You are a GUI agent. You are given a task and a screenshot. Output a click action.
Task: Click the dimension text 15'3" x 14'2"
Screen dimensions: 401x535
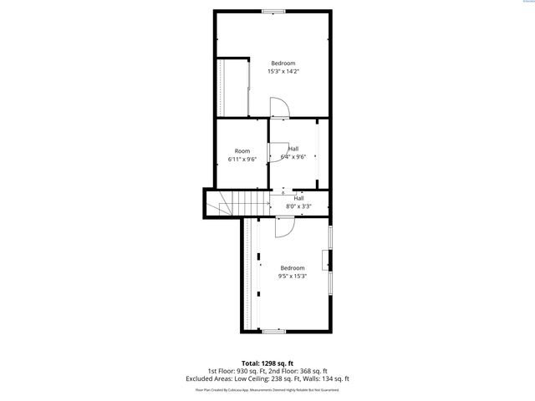coord(283,72)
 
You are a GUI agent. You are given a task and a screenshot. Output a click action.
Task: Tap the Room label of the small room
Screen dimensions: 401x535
coord(242,151)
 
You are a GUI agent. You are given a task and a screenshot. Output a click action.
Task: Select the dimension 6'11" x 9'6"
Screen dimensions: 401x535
coord(242,159)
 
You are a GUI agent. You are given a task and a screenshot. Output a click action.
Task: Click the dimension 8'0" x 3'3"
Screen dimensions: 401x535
coord(299,206)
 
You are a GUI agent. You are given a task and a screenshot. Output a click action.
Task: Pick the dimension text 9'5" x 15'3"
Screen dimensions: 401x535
coord(293,276)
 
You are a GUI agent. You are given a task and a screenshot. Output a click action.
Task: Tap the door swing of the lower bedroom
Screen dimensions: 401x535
coord(284,226)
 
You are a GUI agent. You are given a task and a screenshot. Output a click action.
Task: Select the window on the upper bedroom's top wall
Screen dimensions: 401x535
coord(272,11)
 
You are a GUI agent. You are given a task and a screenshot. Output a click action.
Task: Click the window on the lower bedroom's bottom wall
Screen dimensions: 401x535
coord(273,332)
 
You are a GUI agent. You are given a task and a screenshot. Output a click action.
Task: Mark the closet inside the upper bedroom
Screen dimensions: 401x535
coord(233,87)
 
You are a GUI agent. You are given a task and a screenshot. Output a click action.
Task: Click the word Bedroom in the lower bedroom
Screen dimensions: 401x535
coord(293,267)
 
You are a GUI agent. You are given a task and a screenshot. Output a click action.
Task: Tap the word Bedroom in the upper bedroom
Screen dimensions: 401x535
coord(283,63)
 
